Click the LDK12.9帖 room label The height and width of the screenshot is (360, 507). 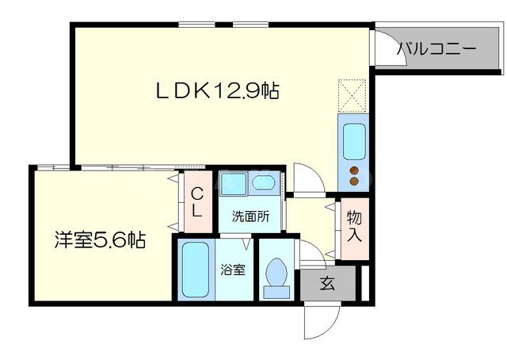point(216,91)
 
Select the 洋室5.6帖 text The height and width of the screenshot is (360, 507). point(100,239)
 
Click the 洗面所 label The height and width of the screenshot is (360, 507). point(250,215)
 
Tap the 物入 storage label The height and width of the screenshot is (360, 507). point(353,227)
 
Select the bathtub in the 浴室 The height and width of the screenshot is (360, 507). point(194,270)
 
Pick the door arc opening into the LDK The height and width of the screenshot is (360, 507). point(307,178)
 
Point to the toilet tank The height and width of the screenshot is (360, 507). point(277,292)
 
